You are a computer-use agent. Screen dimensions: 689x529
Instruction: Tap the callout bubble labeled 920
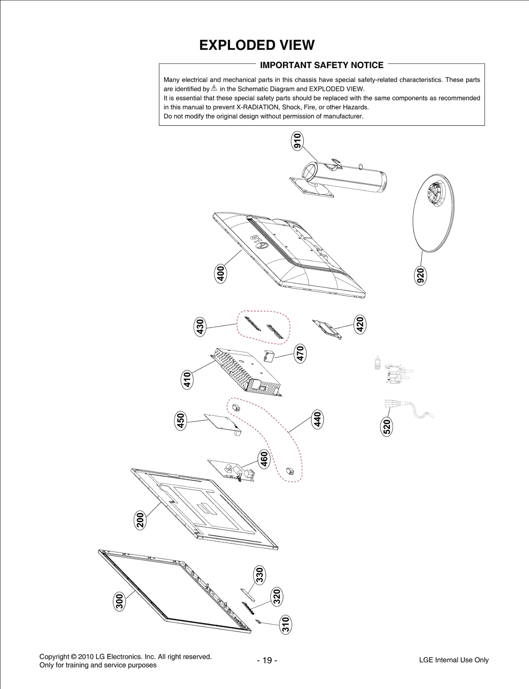click(x=420, y=276)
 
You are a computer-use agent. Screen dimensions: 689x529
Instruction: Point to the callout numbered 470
click(x=300, y=353)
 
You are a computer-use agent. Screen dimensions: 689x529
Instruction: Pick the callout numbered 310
click(x=286, y=624)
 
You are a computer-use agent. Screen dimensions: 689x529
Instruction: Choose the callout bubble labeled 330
click(x=260, y=575)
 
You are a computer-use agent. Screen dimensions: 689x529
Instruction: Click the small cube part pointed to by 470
click(x=269, y=356)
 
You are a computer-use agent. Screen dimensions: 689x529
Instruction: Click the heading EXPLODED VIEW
click(x=257, y=45)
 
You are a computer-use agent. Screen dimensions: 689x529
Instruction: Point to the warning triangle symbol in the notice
click(x=214, y=88)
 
